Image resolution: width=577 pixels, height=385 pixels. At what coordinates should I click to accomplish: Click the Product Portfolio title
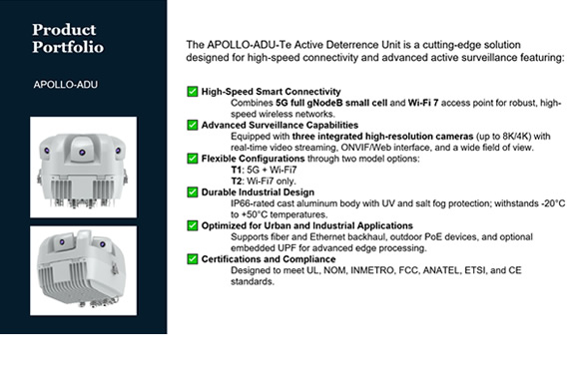coord(68,38)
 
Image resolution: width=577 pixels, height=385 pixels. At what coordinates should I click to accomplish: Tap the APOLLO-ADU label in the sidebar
coord(66,85)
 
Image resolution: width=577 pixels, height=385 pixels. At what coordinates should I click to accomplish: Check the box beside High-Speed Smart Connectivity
coord(192,91)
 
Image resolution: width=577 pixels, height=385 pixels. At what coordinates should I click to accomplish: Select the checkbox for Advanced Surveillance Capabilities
coord(192,125)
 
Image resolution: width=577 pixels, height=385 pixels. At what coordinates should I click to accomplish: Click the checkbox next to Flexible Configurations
coord(192,159)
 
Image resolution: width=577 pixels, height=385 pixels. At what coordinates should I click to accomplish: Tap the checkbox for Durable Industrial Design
coord(192,192)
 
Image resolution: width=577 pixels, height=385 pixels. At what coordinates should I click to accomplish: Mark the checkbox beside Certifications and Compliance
coord(192,259)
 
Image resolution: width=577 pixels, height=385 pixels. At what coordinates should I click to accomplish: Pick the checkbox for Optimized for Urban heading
coord(192,225)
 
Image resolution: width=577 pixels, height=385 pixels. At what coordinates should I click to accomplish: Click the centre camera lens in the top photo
coord(82,153)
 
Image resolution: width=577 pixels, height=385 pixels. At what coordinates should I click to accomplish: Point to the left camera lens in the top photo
coord(47,151)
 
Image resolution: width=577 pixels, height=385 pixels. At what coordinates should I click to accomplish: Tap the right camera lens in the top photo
coord(118,151)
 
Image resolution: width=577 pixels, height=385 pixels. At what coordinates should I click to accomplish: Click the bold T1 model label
coord(237,170)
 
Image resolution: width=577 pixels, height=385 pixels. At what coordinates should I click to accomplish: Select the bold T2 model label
coord(237,181)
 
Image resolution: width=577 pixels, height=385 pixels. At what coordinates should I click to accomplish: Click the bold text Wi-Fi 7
coord(423,103)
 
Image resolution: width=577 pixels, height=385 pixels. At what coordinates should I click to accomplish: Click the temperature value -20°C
coord(553,203)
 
